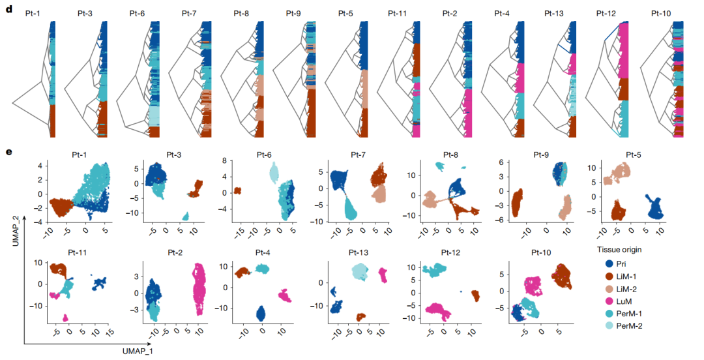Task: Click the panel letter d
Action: pyautogui.click(x=8, y=11)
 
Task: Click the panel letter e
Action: pyautogui.click(x=8, y=153)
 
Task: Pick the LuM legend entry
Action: pyautogui.click(x=623, y=301)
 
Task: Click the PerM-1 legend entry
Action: pyautogui.click(x=626, y=313)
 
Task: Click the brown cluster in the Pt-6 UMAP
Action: pyautogui.click(x=238, y=190)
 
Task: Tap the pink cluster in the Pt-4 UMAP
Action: pyautogui.click(x=285, y=295)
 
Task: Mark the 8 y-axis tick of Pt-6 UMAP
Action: pyautogui.click(x=224, y=160)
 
